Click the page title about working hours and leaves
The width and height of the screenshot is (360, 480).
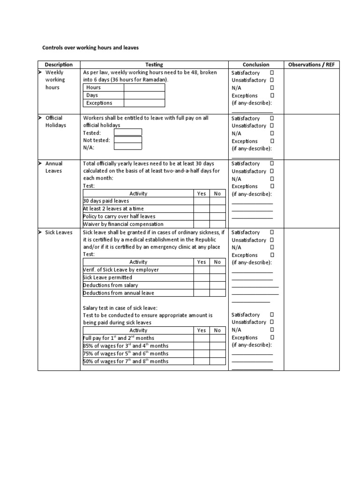coord(90,47)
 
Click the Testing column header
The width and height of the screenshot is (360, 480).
coord(154,65)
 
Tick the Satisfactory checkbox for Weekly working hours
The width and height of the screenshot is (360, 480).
coord(272,73)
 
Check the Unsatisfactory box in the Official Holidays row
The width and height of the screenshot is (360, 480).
coord(272,126)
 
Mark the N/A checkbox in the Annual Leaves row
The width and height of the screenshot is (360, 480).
coord(272,179)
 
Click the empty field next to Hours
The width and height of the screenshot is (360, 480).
coord(144,88)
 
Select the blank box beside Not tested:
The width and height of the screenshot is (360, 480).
coord(127,140)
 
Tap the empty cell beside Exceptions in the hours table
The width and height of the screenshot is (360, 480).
coord(144,103)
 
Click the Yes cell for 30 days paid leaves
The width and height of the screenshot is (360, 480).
coord(202,201)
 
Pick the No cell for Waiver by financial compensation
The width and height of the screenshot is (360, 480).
coord(217,224)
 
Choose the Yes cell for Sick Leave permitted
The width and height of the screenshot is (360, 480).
coord(202,277)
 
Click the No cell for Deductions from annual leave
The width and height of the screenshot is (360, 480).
coord(217,293)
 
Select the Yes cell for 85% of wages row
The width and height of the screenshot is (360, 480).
coord(202,346)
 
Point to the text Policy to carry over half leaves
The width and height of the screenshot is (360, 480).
coord(119,217)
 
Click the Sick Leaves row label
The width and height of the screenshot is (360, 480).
coord(59,232)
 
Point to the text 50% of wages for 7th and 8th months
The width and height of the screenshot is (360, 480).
coord(125,361)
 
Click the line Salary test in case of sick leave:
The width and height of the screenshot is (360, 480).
coord(120,308)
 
